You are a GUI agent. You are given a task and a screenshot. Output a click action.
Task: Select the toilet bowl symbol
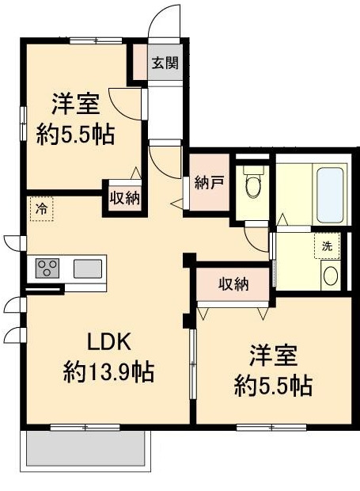tap(253, 185)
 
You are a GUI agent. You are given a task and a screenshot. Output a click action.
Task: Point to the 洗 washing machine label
tap(327, 246)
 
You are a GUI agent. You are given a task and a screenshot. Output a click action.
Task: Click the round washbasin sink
tap(331, 276)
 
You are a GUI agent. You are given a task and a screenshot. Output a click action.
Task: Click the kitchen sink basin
tap(87, 268)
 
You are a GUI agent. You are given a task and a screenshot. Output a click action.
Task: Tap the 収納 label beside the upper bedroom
tap(125, 198)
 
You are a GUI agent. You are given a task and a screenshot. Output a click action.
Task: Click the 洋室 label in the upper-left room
tap(75, 104)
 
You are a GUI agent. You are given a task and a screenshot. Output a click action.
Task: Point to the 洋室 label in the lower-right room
tap(273, 356)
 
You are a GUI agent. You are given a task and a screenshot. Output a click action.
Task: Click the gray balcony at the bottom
tap(85, 449)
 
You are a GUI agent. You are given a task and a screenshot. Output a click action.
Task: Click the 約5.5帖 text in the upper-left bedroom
tap(76, 134)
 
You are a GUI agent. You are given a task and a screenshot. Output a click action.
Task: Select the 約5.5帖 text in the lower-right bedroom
tap(273, 386)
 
